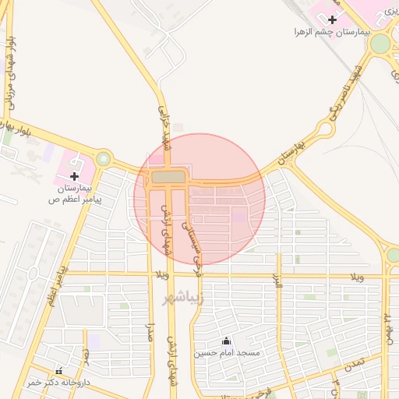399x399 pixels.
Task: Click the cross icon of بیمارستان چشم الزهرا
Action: [333, 19]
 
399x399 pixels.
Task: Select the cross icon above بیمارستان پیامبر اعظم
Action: [75, 176]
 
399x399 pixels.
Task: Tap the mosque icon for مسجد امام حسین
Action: [226, 341]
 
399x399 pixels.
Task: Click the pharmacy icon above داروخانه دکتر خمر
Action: [59, 371]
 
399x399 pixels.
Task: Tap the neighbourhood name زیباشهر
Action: [182, 298]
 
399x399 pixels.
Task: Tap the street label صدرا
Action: [150, 336]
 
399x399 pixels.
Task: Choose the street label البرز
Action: [277, 284]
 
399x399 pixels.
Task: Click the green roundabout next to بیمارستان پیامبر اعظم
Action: [104, 159]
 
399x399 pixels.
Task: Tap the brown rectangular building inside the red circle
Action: [169, 178]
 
